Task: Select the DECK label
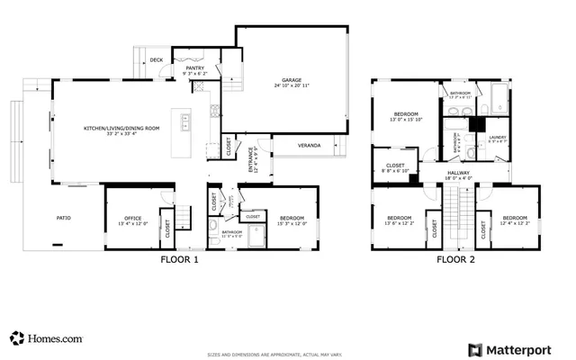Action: coord(156,60)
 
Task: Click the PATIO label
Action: coord(64,218)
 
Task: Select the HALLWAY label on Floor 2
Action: coord(459,175)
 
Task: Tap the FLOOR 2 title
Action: coord(455,260)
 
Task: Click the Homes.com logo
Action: coord(46,338)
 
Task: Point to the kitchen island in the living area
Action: coord(186,121)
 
